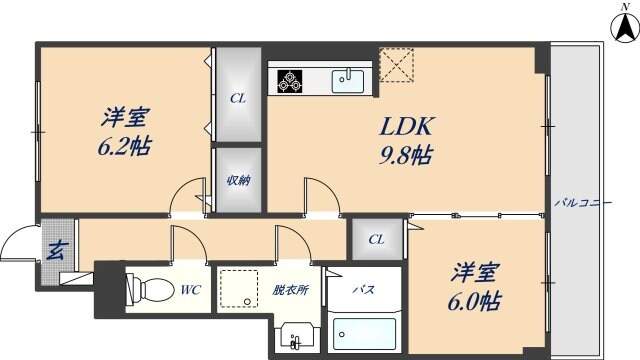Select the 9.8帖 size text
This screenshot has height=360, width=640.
tap(404, 156)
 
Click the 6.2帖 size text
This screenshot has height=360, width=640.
tap(125, 146)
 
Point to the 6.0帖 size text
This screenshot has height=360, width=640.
tap(474, 300)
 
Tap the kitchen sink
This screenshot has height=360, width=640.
tap(349, 79)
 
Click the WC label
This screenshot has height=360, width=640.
tap(192, 291)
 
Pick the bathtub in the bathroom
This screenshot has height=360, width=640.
tap(365, 329)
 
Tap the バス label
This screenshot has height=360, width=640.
tap(364, 290)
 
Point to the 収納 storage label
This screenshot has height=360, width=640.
tap(238, 181)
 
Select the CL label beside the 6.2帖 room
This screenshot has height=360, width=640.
tap(238, 98)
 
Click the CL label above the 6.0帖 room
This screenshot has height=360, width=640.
tap(375, 239)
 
